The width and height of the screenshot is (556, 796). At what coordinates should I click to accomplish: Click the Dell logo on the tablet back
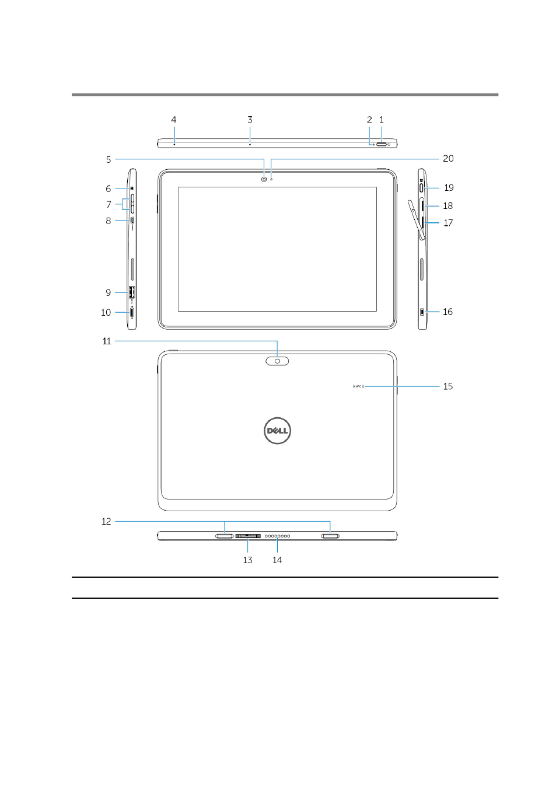[277, 430]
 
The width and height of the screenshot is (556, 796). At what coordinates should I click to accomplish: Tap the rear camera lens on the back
[277, 361]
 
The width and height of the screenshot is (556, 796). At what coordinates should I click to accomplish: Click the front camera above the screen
[264, 179]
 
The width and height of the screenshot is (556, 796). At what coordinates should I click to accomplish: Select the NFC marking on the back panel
[358, 386]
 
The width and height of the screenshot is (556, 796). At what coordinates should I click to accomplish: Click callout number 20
[448, 159]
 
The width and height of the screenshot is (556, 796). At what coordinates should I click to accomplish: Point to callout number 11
[107, 341]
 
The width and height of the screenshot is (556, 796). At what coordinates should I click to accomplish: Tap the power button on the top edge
[382, 144]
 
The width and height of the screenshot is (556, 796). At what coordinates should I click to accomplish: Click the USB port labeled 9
[131, 292]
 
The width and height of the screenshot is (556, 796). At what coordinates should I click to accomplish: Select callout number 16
[447, 312]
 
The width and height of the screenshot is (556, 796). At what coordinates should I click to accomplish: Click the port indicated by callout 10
[132, 313]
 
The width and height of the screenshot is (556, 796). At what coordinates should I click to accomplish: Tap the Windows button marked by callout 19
[421, 187]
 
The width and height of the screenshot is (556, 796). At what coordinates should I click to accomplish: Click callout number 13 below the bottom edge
[247, 560]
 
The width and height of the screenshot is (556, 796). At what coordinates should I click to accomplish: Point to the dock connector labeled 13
[248, 536]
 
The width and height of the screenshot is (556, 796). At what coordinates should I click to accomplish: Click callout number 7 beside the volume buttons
[109, 204]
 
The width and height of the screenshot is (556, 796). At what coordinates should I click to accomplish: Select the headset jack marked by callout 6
[132, 188]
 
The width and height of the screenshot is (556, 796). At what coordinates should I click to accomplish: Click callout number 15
[448, 386]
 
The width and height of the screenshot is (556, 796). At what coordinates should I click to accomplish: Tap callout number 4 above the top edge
[174, 120]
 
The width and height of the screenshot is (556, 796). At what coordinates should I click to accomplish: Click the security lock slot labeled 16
[422, 312]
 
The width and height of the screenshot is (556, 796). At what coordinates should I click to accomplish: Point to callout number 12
[106, 521]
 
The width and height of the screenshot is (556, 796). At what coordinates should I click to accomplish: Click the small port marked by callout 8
[132, 221]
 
